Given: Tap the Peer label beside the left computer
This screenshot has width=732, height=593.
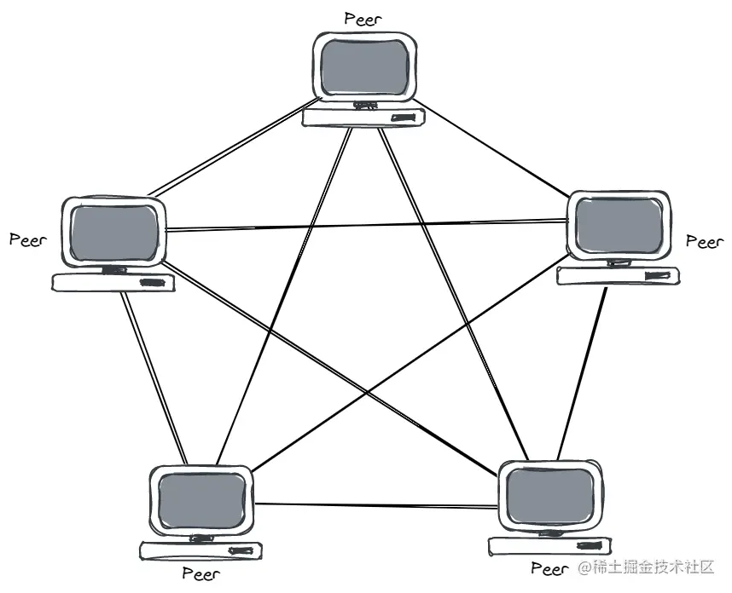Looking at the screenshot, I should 27,239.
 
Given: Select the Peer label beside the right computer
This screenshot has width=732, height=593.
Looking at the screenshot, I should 705,242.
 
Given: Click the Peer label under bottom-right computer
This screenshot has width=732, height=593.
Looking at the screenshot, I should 549,568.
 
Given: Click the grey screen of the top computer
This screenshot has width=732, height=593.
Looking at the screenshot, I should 365,66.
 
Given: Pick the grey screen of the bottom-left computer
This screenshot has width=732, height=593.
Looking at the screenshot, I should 202,500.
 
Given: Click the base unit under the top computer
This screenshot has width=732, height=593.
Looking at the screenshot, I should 364,118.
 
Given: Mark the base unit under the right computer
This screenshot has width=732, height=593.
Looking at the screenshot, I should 618,275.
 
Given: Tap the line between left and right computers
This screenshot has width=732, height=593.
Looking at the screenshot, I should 367,225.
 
